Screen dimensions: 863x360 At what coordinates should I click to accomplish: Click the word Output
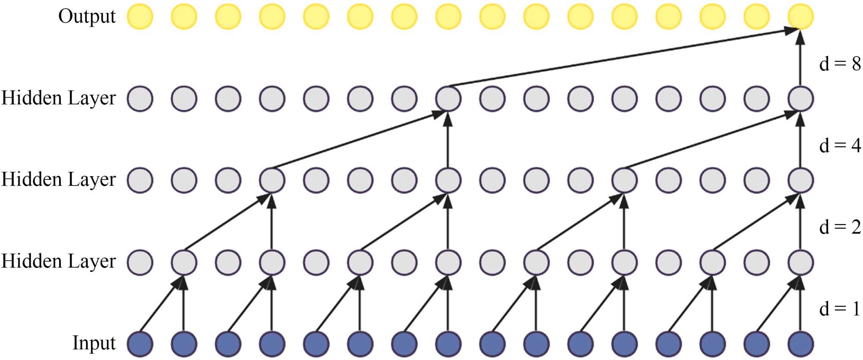point(87,17)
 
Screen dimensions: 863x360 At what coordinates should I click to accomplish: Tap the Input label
point(94,343)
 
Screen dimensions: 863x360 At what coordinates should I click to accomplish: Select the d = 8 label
point(839,64)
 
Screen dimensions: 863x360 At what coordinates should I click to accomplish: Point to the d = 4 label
point(839,145)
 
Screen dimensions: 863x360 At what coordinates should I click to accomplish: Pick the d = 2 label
point(839,227)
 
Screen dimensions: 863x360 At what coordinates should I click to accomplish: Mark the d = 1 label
point(839,309)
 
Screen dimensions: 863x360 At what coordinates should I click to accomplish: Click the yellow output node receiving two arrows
point(800,16)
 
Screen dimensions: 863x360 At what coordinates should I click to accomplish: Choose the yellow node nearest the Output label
point(140,16)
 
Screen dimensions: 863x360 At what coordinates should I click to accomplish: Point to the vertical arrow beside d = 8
point(800,60)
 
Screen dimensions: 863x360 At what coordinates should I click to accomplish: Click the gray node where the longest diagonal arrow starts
point(448,98)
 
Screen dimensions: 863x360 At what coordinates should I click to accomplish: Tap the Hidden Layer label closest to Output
point(59,98)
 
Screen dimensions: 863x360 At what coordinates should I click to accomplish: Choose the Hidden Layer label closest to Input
point(59,261)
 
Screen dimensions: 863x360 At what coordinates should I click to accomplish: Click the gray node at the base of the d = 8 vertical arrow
point(800,98)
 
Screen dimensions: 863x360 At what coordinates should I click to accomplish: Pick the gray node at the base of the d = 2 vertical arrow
point(800,262)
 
